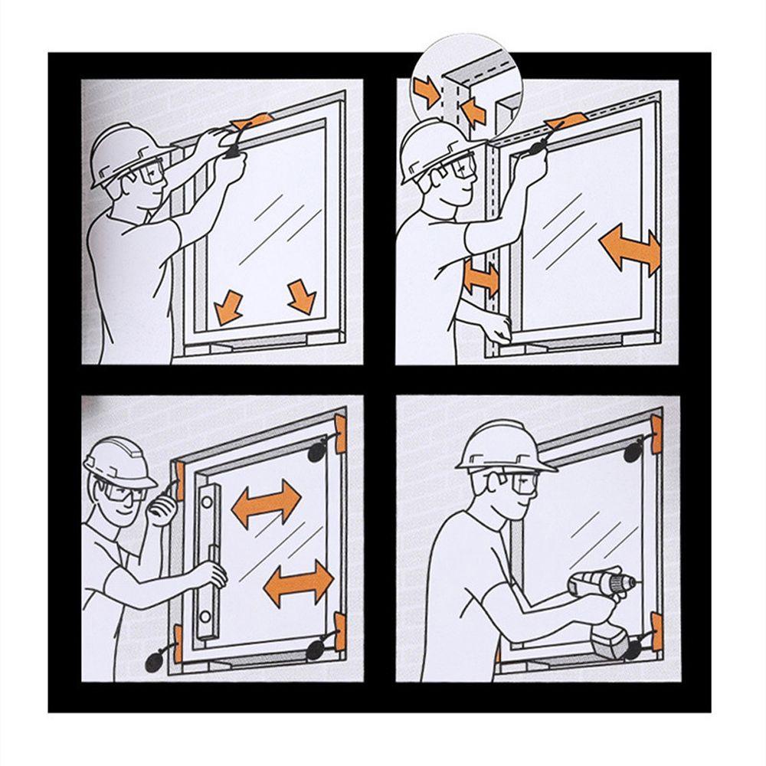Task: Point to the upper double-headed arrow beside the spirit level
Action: click(x=266, y=502)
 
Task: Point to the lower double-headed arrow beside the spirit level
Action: click(x=299, y=583)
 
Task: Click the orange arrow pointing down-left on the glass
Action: click(x=228, y=306)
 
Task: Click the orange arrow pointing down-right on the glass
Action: click(x=301, y=296)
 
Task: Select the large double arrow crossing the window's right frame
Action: click(x=630, y=250)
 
